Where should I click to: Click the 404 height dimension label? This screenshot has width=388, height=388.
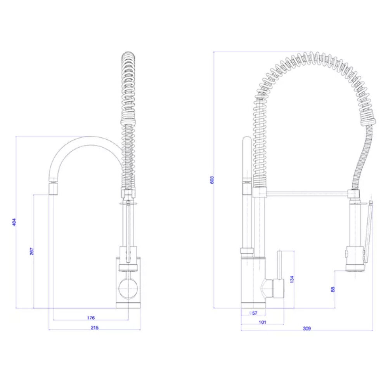(14, 222)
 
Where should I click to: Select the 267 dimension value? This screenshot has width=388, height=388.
(32, 251)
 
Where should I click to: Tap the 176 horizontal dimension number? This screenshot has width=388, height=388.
(91, 318)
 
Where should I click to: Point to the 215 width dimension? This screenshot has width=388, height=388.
(95, 327)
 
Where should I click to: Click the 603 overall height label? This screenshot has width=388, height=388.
(212, 180)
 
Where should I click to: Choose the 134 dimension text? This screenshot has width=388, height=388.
(292, 279)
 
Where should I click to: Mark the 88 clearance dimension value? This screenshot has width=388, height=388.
(333, 289)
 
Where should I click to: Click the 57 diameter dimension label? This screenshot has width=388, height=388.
(253, 313)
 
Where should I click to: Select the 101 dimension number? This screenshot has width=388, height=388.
(262, 322)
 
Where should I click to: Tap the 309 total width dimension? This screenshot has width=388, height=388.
(307, 329)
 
